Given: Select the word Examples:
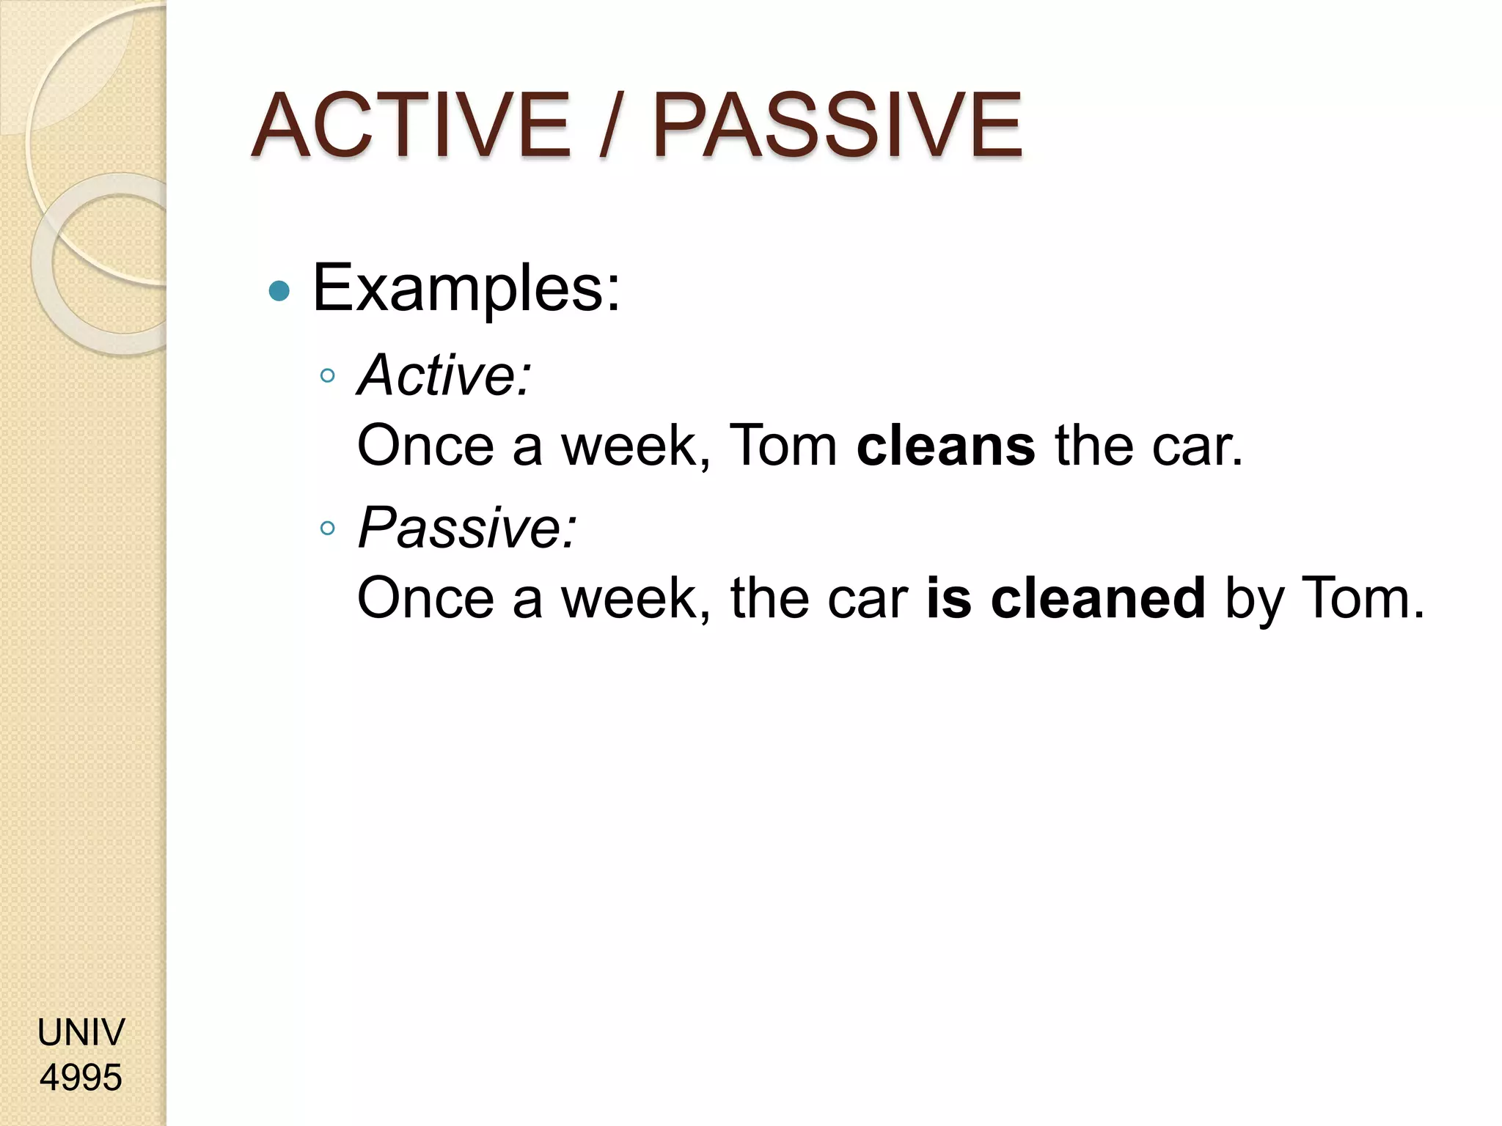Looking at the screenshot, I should coord(466,289).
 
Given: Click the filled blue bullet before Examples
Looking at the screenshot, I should coord(279,291).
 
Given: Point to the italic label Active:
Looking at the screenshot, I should coord(444,375).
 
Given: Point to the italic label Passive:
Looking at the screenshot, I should coord(467,527).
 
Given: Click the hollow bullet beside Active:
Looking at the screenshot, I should coord(328,377).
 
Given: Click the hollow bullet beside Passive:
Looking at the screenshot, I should coord(328,528).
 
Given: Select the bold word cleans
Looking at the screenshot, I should coord(945,446).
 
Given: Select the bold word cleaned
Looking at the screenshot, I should coord(1098,597).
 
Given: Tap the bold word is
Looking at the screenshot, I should coord(949,597).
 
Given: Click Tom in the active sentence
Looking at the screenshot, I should coord(783,446).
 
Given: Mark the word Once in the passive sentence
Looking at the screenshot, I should coord(425,597).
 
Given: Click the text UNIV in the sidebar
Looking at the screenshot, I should coord(81,1032).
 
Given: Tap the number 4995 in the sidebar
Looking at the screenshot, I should coord(81,1078).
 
